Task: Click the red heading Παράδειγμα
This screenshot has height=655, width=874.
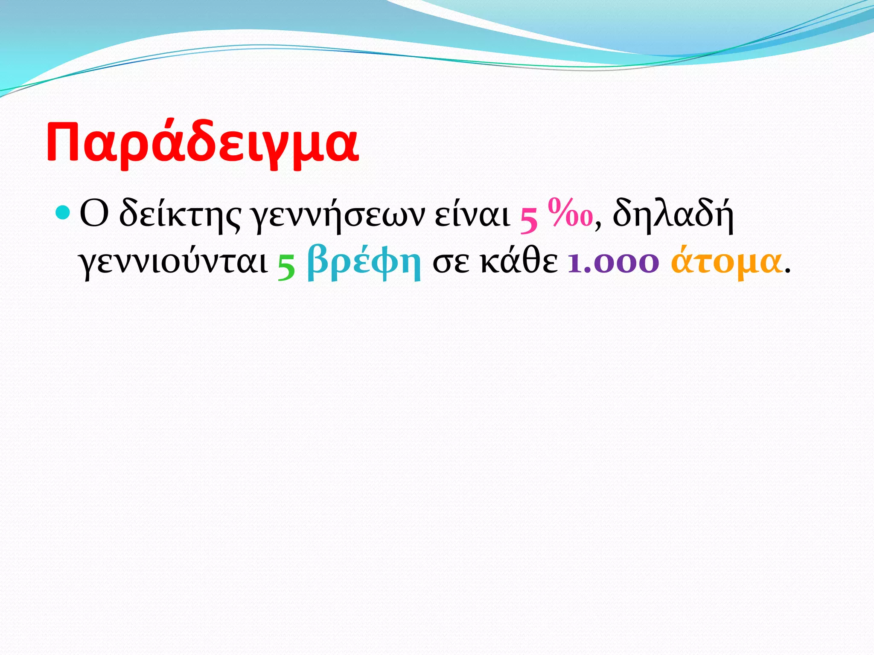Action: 202,143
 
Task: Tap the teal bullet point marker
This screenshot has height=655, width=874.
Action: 62,212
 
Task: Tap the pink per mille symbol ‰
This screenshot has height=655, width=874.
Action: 571,213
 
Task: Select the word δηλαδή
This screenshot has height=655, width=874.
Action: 673,215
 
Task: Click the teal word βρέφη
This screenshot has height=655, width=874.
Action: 364,262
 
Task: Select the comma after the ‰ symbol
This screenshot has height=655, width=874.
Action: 598,226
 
